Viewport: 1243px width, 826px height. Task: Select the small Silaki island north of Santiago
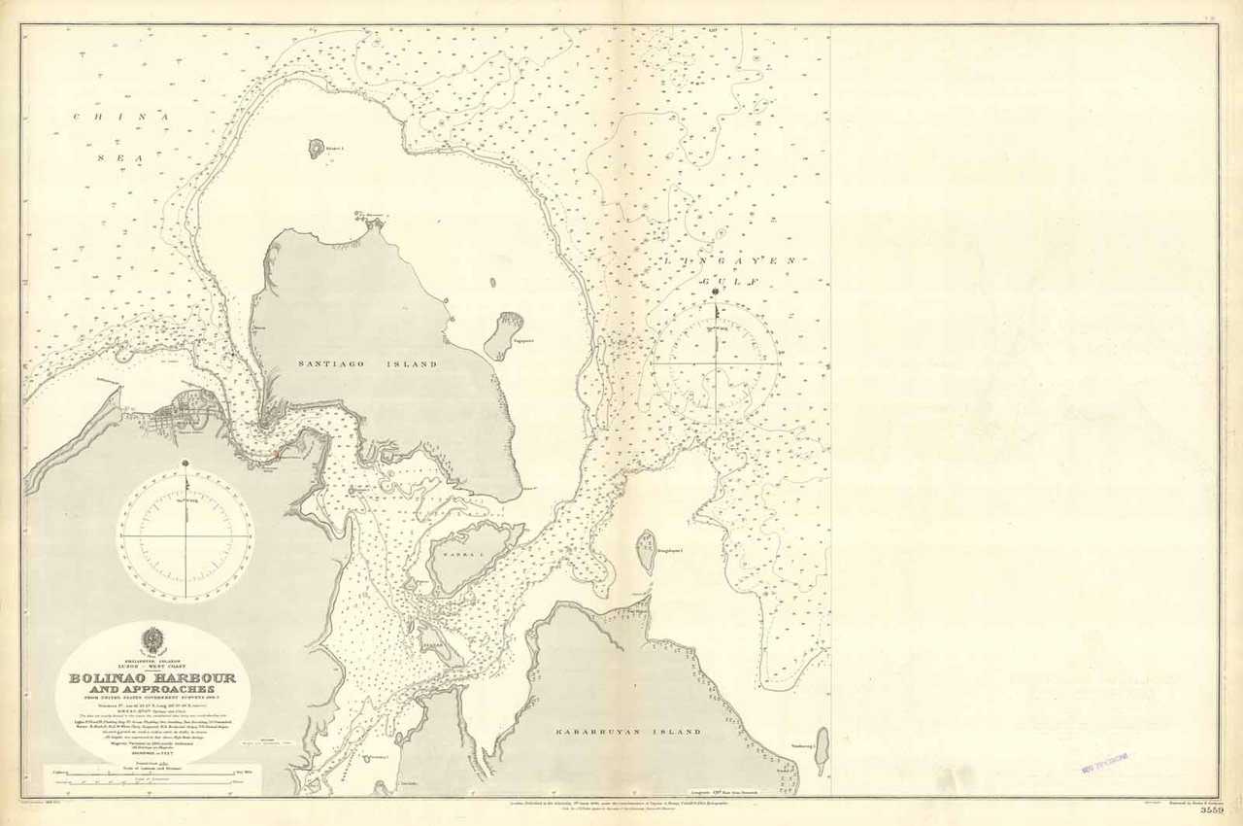[317, 148]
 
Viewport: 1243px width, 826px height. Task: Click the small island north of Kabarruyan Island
[646, 550]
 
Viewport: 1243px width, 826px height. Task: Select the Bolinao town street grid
[194, 414]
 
